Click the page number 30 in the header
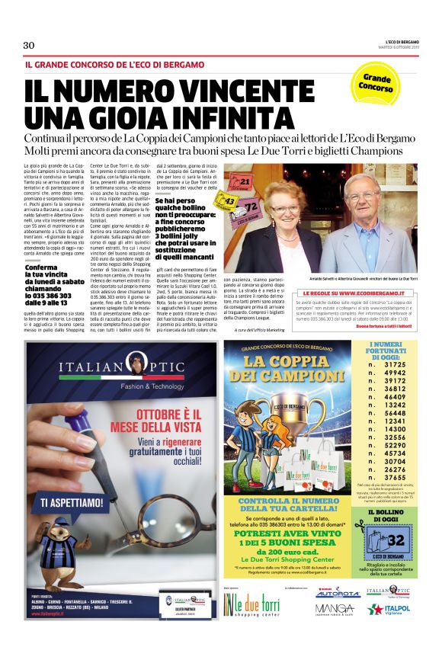tap(29, 45)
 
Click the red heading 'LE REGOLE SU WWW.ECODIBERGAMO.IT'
tap(347, 293)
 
